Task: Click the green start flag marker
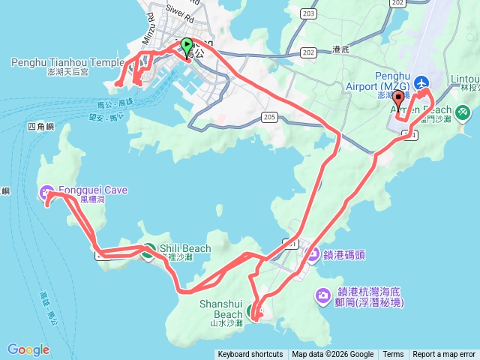[x=186, y=46]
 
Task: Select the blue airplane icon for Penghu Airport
[x=421, y=82]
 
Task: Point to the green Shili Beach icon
[x=148, y=250]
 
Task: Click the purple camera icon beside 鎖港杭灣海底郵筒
[x=324, y=295]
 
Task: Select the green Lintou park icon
[x=462, y=112]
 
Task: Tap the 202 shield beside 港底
[x=307, y=52]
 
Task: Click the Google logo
[x=28, y=349]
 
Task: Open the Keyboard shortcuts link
[x=250, y=355]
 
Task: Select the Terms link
[x=393, y=355]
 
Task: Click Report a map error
[x=444, y=355]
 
